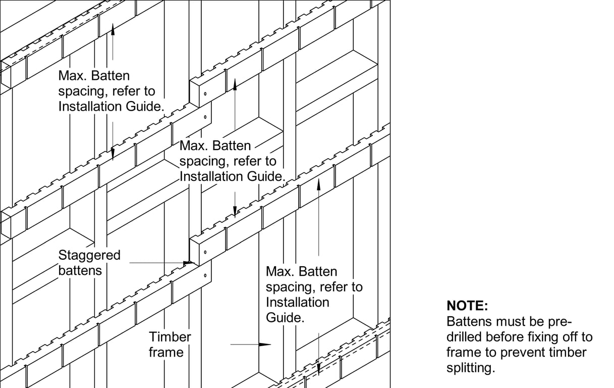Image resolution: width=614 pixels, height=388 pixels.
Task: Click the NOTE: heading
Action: (x=467, y=306)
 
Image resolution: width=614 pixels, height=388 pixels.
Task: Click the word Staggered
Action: (x=89, y=255)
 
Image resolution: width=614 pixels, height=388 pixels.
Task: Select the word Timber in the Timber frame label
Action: (x=170, y=337)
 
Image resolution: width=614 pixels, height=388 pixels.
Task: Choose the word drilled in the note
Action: (x=464, y=337)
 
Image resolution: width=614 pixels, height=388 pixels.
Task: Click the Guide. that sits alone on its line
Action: (x=285, y=318)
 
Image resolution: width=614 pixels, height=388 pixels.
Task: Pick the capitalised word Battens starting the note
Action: (x=469, y=321)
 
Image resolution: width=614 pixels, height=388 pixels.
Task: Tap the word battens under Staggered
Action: (x=80, y=270)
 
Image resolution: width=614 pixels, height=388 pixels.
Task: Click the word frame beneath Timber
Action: (x=165, y=352)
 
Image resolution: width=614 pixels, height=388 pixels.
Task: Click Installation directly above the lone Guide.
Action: (x=298, y=302)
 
